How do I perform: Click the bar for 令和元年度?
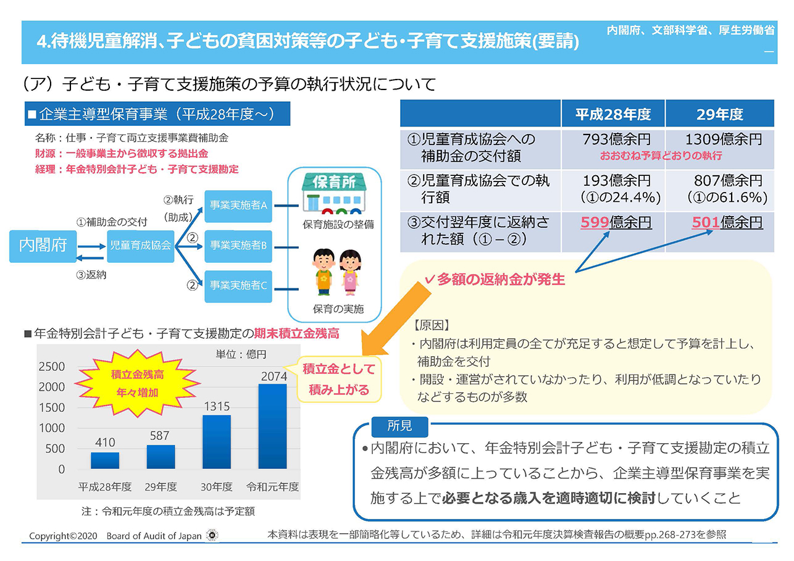click(x=272, y=426)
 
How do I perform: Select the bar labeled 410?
click(x=105, y=460)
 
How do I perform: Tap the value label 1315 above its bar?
click(x=217, y=406)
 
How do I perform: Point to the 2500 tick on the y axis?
click(x=52, y=367)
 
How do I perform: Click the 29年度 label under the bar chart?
click(x=161, y=487)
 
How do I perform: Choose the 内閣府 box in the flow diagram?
click(x=43, y=246)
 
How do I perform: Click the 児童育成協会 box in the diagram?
click(x=140, y=246)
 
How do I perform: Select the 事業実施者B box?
click(x=238, y=246)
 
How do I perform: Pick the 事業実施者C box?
click(x=238, y=286)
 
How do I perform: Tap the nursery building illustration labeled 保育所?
click(x=334, y=194)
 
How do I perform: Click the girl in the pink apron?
click(x=350, y=272)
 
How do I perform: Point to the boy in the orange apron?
click(x=324, y=272)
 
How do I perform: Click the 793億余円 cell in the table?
click(x=616, y=139)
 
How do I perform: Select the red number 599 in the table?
click(x=595, y=222)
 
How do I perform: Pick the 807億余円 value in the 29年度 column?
click(x=728, y=181)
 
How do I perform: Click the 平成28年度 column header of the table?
click(x=613, y=114)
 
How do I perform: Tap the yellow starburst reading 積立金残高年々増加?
click(x=138, y=383)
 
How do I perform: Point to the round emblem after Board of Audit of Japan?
click(x=212, y=535)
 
